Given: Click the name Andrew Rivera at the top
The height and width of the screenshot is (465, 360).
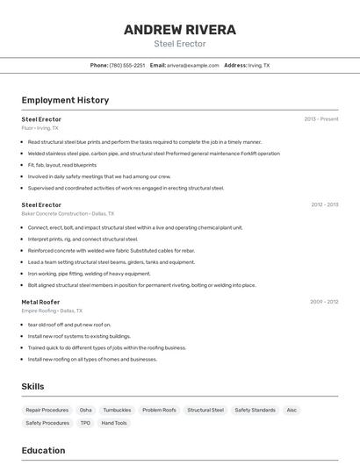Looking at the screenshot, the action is coord(179,30).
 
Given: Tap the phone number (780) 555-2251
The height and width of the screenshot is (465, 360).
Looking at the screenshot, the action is coord(127,65).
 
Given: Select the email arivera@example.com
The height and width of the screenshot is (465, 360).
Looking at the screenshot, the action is coord(192,65).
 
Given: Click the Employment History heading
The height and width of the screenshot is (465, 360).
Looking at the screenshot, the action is coord(65,100).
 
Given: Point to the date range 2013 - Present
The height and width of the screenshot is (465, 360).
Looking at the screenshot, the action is coord(321,118).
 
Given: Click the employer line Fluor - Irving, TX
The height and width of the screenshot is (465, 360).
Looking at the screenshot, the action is coord(41,127).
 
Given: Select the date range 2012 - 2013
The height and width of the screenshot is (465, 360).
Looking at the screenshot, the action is coord(324,204).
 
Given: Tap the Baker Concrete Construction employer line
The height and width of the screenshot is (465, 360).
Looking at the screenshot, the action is coord(68,213).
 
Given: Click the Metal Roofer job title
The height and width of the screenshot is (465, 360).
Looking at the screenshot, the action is coord(41,302).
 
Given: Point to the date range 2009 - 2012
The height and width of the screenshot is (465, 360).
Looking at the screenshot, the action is coord(324,302).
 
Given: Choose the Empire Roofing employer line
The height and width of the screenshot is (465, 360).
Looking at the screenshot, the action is coord(52,311).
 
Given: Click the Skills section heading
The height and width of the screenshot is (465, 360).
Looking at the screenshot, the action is coord(32,387).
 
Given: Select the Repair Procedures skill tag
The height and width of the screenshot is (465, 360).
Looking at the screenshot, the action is coord(47,410).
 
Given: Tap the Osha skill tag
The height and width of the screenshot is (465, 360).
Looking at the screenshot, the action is coord(85,410).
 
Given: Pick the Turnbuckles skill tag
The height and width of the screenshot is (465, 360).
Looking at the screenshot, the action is coord(117,410).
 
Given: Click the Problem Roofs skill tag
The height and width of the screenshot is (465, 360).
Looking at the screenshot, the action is coord(159,410).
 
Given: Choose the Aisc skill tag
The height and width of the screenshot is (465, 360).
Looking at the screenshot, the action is coord(292,410).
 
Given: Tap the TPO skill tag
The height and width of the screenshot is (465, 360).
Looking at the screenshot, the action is coord(85,423).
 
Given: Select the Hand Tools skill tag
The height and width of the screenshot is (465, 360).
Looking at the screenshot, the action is coord(114,423).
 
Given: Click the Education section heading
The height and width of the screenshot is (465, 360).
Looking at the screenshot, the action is coord(43,450).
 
